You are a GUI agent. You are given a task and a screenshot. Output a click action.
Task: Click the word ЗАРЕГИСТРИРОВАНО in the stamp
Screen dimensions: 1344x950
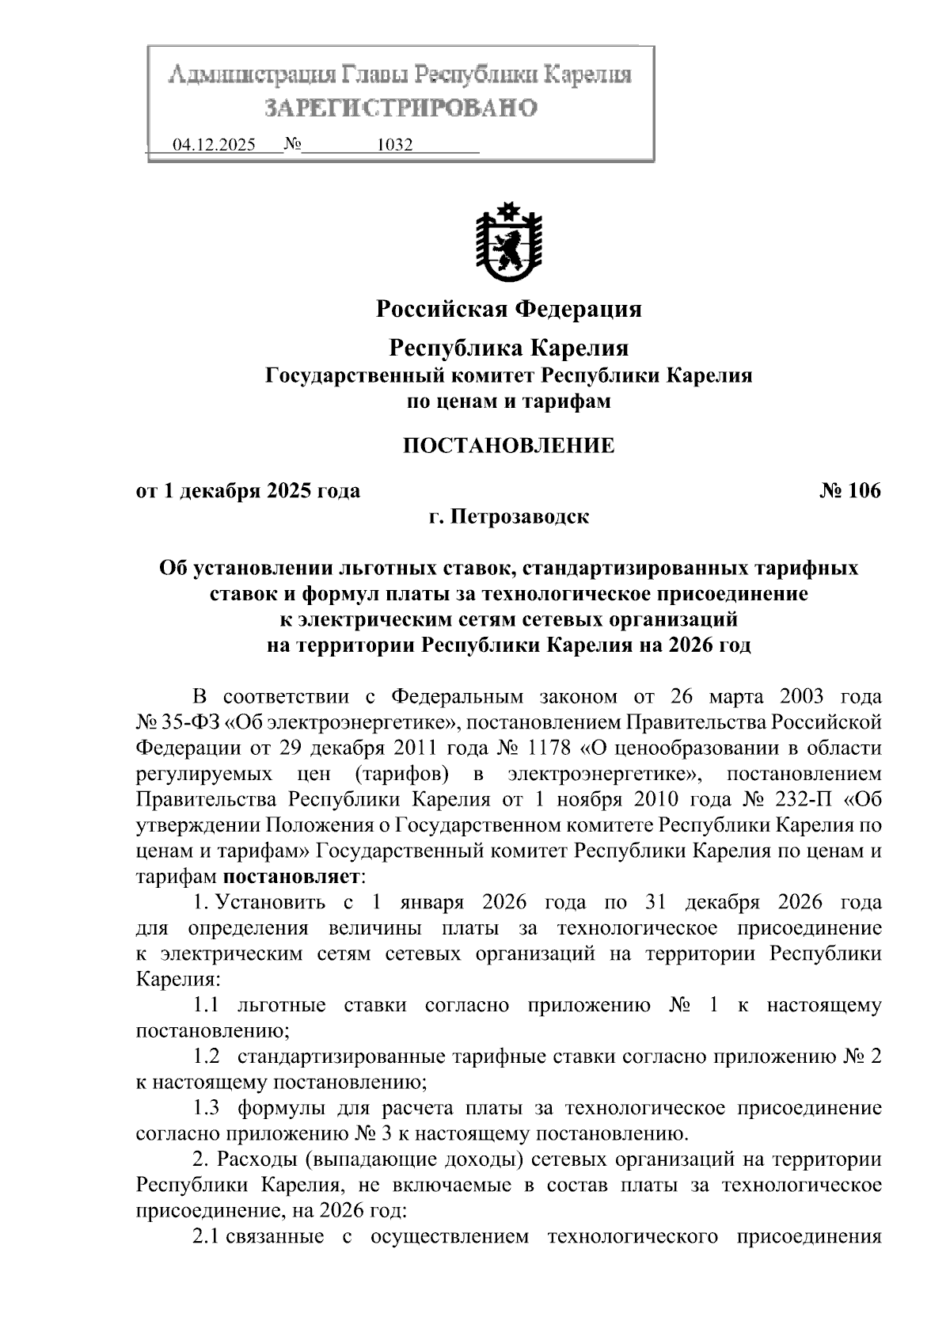click(401, 107)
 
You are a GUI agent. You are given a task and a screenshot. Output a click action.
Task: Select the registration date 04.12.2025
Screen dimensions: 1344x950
click(214, 146)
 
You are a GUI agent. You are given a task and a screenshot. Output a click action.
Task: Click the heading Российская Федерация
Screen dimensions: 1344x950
click(508, 308)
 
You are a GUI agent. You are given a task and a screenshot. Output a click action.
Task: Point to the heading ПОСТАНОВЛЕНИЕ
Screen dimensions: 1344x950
click(508, 445)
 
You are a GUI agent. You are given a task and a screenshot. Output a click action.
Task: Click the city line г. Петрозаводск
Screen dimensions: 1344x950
click(508, 517)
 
